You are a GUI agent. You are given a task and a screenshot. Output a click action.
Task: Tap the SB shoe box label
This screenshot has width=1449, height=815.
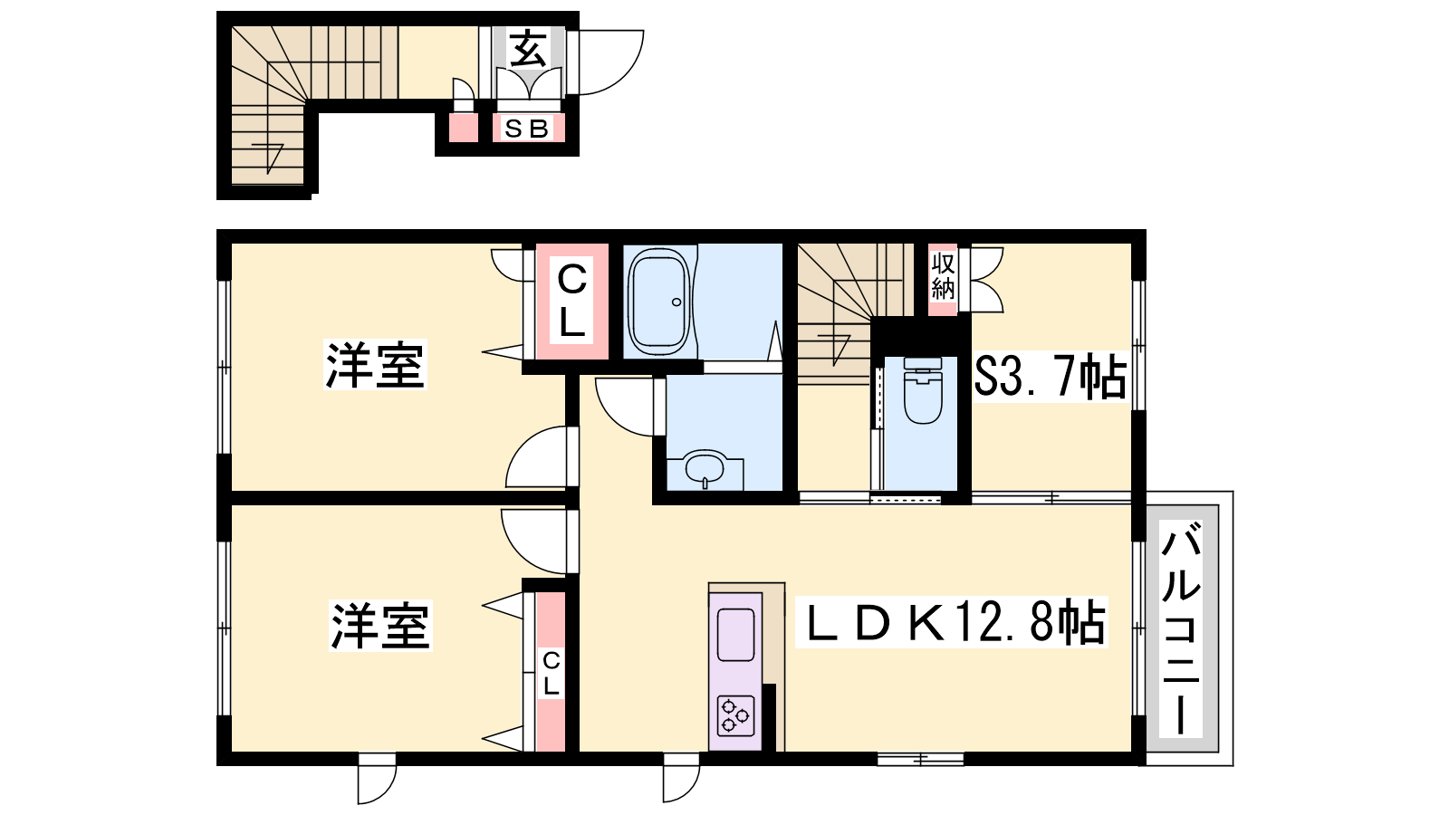[x=526, y=129]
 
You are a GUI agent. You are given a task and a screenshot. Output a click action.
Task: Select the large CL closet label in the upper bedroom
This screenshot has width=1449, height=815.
[x=571, y=302]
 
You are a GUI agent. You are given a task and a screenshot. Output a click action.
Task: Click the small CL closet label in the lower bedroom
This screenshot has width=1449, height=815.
[x=552, y=674]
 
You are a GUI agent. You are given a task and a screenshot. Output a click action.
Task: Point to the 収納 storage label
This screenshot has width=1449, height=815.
[x=943, y=276]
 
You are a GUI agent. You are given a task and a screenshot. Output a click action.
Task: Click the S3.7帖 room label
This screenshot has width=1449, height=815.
[x=1050, y=377]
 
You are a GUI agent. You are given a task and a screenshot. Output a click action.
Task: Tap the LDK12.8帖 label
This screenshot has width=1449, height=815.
[x=952, y=621]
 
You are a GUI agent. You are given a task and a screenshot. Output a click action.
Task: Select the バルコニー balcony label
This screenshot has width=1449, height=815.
[x=1181, y=628]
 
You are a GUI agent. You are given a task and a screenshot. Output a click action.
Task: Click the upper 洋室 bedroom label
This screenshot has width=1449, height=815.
[x=375, y=364]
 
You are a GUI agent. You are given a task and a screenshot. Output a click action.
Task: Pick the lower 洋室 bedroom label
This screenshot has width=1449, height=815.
[x=380, y=626]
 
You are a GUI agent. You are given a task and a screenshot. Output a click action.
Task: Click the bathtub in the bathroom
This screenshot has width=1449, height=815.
[x=658, y=301]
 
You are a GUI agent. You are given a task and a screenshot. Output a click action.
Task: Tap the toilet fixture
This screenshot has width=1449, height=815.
[x=923, y=390]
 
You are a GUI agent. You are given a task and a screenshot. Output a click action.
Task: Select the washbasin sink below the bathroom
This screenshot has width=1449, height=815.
[x=705, y=467]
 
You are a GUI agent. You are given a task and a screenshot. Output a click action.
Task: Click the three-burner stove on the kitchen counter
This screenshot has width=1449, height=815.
[x=735, y=716]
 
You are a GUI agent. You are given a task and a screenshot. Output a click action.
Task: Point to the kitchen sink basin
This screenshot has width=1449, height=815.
[x=735, y=635]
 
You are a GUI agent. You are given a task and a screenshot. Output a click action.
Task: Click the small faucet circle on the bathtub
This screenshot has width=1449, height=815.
[x=677, y=302]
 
